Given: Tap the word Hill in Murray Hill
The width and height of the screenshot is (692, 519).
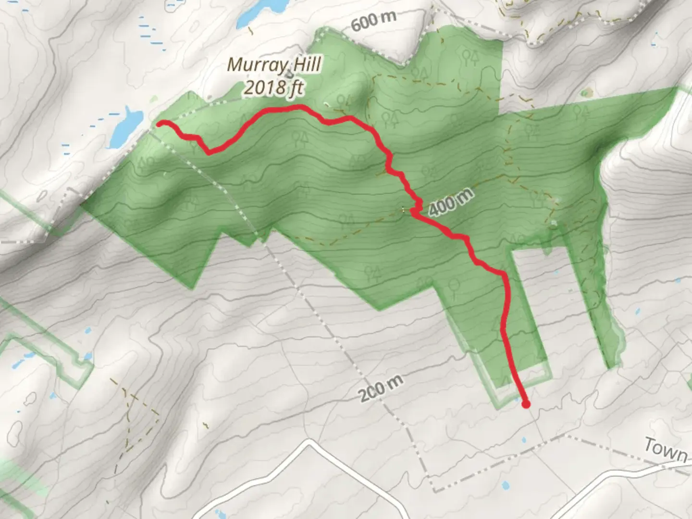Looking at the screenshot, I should (x=304, y=65).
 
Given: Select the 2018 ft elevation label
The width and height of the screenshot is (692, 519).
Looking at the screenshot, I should (x=274, y=88).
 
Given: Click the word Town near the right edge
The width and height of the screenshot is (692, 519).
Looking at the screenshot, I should (x=665, y=450).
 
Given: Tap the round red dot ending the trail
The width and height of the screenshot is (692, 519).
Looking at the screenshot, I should (x=526, y=405).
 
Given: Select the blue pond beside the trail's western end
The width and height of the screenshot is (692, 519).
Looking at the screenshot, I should (x=124, y=127).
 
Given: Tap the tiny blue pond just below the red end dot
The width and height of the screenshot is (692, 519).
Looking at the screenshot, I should (x=524, y=439).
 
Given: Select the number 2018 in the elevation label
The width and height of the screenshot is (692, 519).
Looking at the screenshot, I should (x=262, y=88).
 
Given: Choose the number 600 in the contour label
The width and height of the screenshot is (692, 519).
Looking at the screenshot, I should (x=364, y=24).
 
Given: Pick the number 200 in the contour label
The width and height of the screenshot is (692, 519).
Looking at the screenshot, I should (x=371, y=393).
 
